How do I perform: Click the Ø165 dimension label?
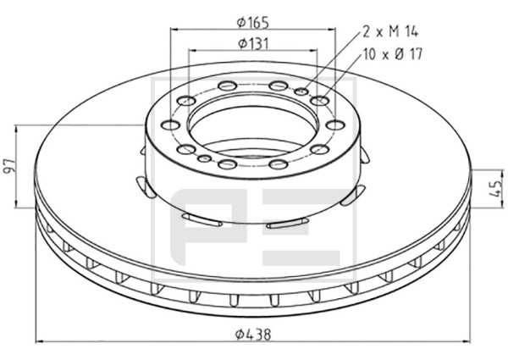[253, 22]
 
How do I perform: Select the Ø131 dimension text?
[254, 43]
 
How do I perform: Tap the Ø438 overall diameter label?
[253, 334]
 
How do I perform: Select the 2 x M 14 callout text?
[390, 31]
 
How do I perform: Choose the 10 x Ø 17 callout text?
[393, 54]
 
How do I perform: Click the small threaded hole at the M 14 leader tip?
[301, 91]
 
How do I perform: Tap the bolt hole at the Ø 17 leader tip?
[319, 101]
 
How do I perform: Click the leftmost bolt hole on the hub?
[171, 125]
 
